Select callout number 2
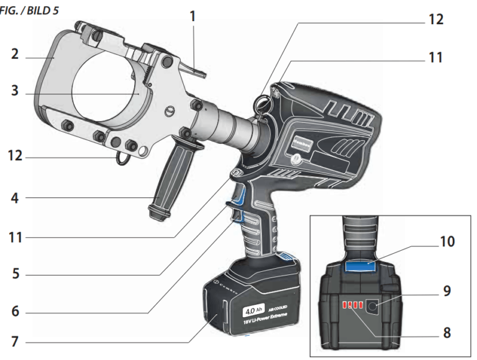pos(14,55)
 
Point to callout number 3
pos(14,92)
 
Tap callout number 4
pos(14,200)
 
